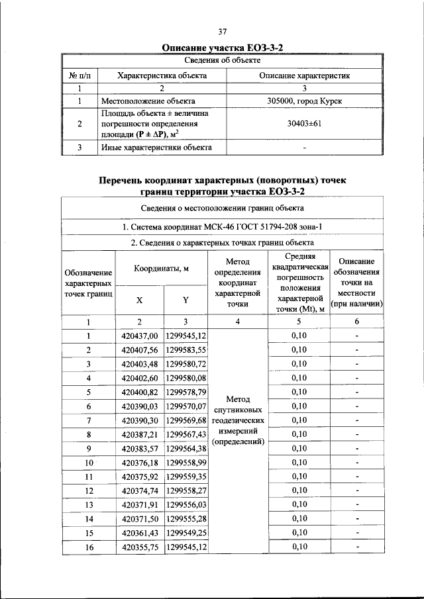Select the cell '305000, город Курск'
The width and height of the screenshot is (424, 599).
[305, 102]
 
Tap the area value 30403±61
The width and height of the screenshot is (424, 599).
[305, 124]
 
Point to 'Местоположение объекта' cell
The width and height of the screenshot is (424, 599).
[147, 102]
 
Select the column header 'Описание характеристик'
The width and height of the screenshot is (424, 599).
[305, 75]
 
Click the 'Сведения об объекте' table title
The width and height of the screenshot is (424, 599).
[223, 61]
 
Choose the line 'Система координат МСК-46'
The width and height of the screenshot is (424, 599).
[223, 227]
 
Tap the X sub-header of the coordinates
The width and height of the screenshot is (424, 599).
[139, 299]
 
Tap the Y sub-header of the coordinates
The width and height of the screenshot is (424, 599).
[186, 299]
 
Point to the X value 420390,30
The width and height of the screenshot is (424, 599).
[140, 420]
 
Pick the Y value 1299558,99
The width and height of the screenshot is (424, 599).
[186, 462]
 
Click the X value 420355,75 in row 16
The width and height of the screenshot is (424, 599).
[140, 547]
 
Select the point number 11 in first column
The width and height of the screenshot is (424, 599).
[88, 476]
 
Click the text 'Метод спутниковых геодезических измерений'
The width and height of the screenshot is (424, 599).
[237, 420]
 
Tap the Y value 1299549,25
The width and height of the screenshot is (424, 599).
[186, 533]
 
